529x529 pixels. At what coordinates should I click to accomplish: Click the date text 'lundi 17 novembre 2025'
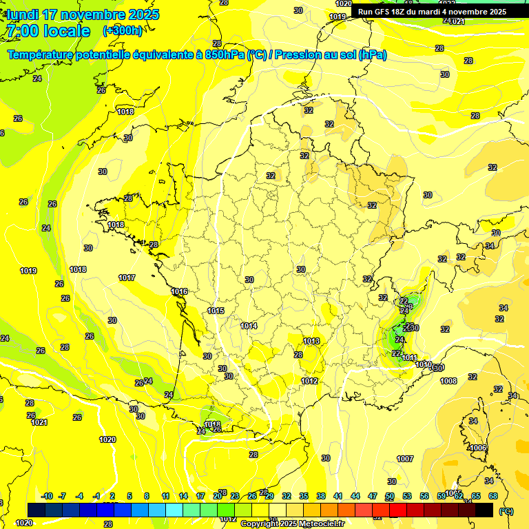(x=83, y=14)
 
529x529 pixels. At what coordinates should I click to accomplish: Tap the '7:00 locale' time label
(x=48, y=31)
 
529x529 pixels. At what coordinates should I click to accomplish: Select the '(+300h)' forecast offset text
(x=122, y=31)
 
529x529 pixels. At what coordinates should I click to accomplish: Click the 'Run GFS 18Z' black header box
(x=432, y=12)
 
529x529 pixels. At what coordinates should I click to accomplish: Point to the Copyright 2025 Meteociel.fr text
(x=292, y=523)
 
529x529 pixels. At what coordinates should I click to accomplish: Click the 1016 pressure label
(x=180, y=291)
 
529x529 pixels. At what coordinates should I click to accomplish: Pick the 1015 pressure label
(x=216, y=311)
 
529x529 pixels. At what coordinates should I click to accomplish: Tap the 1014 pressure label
(x=249, y=326)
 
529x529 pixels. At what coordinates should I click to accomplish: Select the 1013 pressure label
(x=311, y=341)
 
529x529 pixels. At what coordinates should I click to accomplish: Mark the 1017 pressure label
(x=126, y=278)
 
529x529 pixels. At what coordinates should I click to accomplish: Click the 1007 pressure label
(x=405, y=459)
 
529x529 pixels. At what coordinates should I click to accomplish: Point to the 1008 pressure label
(x=448, y=381)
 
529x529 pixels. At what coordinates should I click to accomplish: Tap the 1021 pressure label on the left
(x=39, y=422)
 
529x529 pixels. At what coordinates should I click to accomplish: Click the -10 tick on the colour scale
(x=47, y=496)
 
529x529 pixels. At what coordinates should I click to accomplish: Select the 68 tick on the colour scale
(x=493, y=496)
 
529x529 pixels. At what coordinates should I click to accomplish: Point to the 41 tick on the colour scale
(x=338, y=496)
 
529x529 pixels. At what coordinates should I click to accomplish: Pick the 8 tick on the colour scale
(x=147, y=496)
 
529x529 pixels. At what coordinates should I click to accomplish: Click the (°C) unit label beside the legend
(x=506, y=511)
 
